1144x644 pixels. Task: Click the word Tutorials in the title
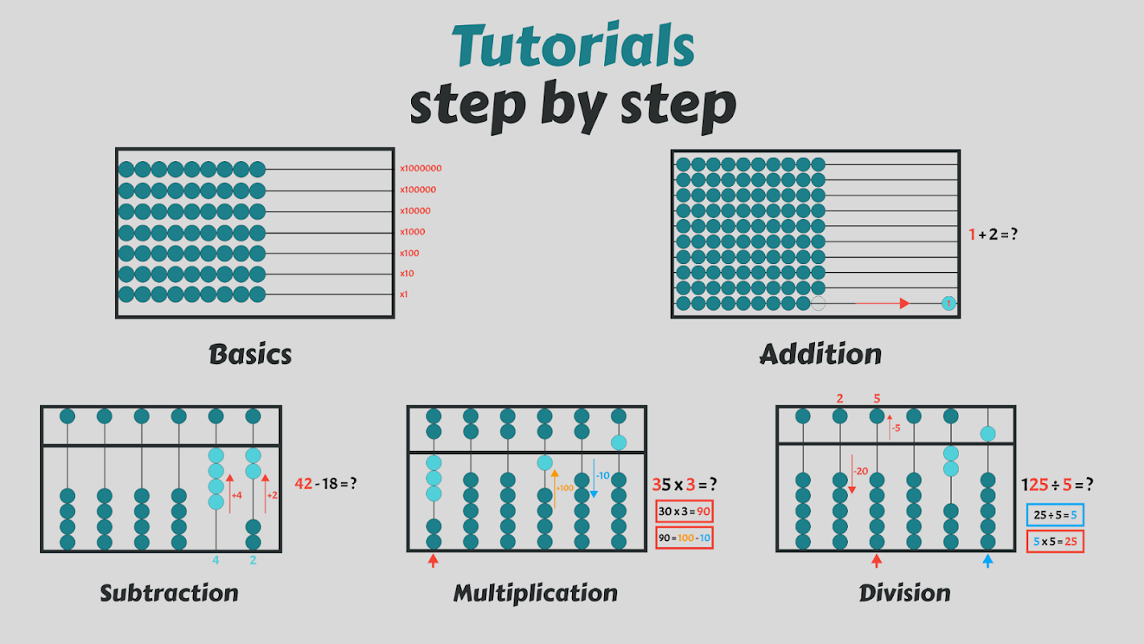click(572, 46)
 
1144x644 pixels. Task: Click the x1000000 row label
click(421, 169)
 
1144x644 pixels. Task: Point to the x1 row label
click(404, 295)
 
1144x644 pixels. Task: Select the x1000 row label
click(413, 232)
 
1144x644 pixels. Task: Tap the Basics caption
click(250, 354)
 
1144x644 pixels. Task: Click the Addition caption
click(821, 354)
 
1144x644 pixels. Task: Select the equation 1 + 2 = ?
click(998, 235)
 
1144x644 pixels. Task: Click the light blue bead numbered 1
click(949, 303)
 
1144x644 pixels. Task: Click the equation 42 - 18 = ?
click(326, 484)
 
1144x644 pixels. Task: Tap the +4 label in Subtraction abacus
click(237, 496)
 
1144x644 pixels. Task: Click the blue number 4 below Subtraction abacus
click(216, 560)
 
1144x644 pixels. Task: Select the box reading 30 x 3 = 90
click(685, 512)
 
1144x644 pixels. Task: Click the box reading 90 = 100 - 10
click(685, 538)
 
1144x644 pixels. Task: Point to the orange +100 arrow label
click(564, 488)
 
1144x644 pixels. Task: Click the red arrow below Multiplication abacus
click(434, 560)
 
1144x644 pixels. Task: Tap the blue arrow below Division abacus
click(988, 560)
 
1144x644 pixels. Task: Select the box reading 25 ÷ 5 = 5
click(1055, 516)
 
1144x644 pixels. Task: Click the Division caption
click(904, 594)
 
